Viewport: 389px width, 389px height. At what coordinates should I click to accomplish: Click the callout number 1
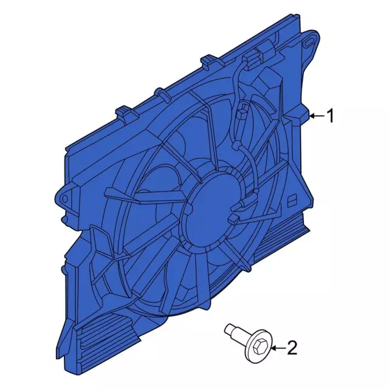[330, 116]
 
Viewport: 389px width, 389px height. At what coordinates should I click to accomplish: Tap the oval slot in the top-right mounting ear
[309, 43]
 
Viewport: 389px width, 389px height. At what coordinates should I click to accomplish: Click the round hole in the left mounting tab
[65, 199]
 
